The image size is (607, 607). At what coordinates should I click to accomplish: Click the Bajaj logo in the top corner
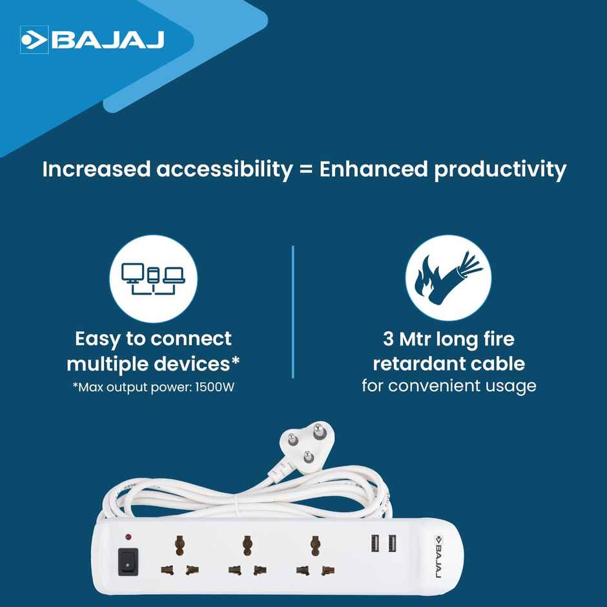click(93, 40)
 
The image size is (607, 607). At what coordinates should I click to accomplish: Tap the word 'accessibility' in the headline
click(225, 170)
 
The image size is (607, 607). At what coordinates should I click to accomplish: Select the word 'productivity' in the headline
click(500, 170)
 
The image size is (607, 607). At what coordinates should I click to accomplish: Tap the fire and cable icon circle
click(448, 278)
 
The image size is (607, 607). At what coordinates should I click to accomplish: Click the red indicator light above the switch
click(128, 537)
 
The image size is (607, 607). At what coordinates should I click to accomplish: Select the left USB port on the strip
click(375, 544)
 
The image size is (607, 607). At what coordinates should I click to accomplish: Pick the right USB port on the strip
click(391, 544)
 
